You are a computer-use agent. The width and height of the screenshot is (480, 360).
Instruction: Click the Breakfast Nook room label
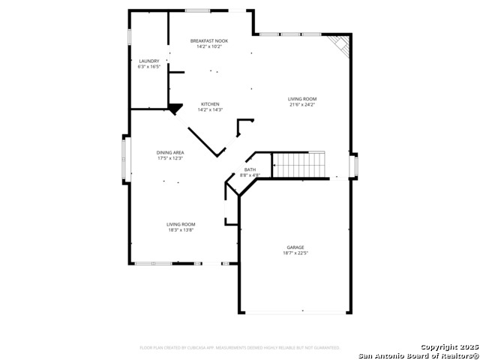coord(209,40)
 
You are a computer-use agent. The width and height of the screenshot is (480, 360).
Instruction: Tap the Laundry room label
coord(149,61)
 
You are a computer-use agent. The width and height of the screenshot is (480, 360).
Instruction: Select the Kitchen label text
coord(209,103)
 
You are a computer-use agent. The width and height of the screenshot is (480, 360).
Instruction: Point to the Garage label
coord(295,247)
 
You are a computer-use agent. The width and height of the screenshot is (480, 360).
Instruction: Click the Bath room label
coord(249,169)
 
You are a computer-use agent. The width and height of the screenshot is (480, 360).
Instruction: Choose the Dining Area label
coord(170,152)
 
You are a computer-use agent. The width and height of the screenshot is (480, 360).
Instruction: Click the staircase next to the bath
coord(299,165)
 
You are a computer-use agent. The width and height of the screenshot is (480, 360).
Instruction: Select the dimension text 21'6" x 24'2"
coord(302,105)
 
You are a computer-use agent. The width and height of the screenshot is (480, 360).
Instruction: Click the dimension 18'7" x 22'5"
coord(295,253)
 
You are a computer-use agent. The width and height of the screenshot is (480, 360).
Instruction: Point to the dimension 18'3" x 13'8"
coord(181,230)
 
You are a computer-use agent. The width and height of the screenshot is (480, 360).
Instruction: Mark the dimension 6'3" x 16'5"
coord(149,67)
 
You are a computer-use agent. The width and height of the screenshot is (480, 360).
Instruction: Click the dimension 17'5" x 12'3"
coord(170,158)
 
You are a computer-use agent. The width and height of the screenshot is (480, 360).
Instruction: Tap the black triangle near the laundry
coord(175,109)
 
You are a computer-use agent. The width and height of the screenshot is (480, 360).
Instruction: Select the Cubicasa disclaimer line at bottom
coord(240,347)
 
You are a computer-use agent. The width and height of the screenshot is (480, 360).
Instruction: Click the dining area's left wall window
coord(126,159)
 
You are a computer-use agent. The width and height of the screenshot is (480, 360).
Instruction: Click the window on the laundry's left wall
coord(129,36)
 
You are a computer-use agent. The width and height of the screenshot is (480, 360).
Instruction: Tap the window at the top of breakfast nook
coord(197,10)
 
